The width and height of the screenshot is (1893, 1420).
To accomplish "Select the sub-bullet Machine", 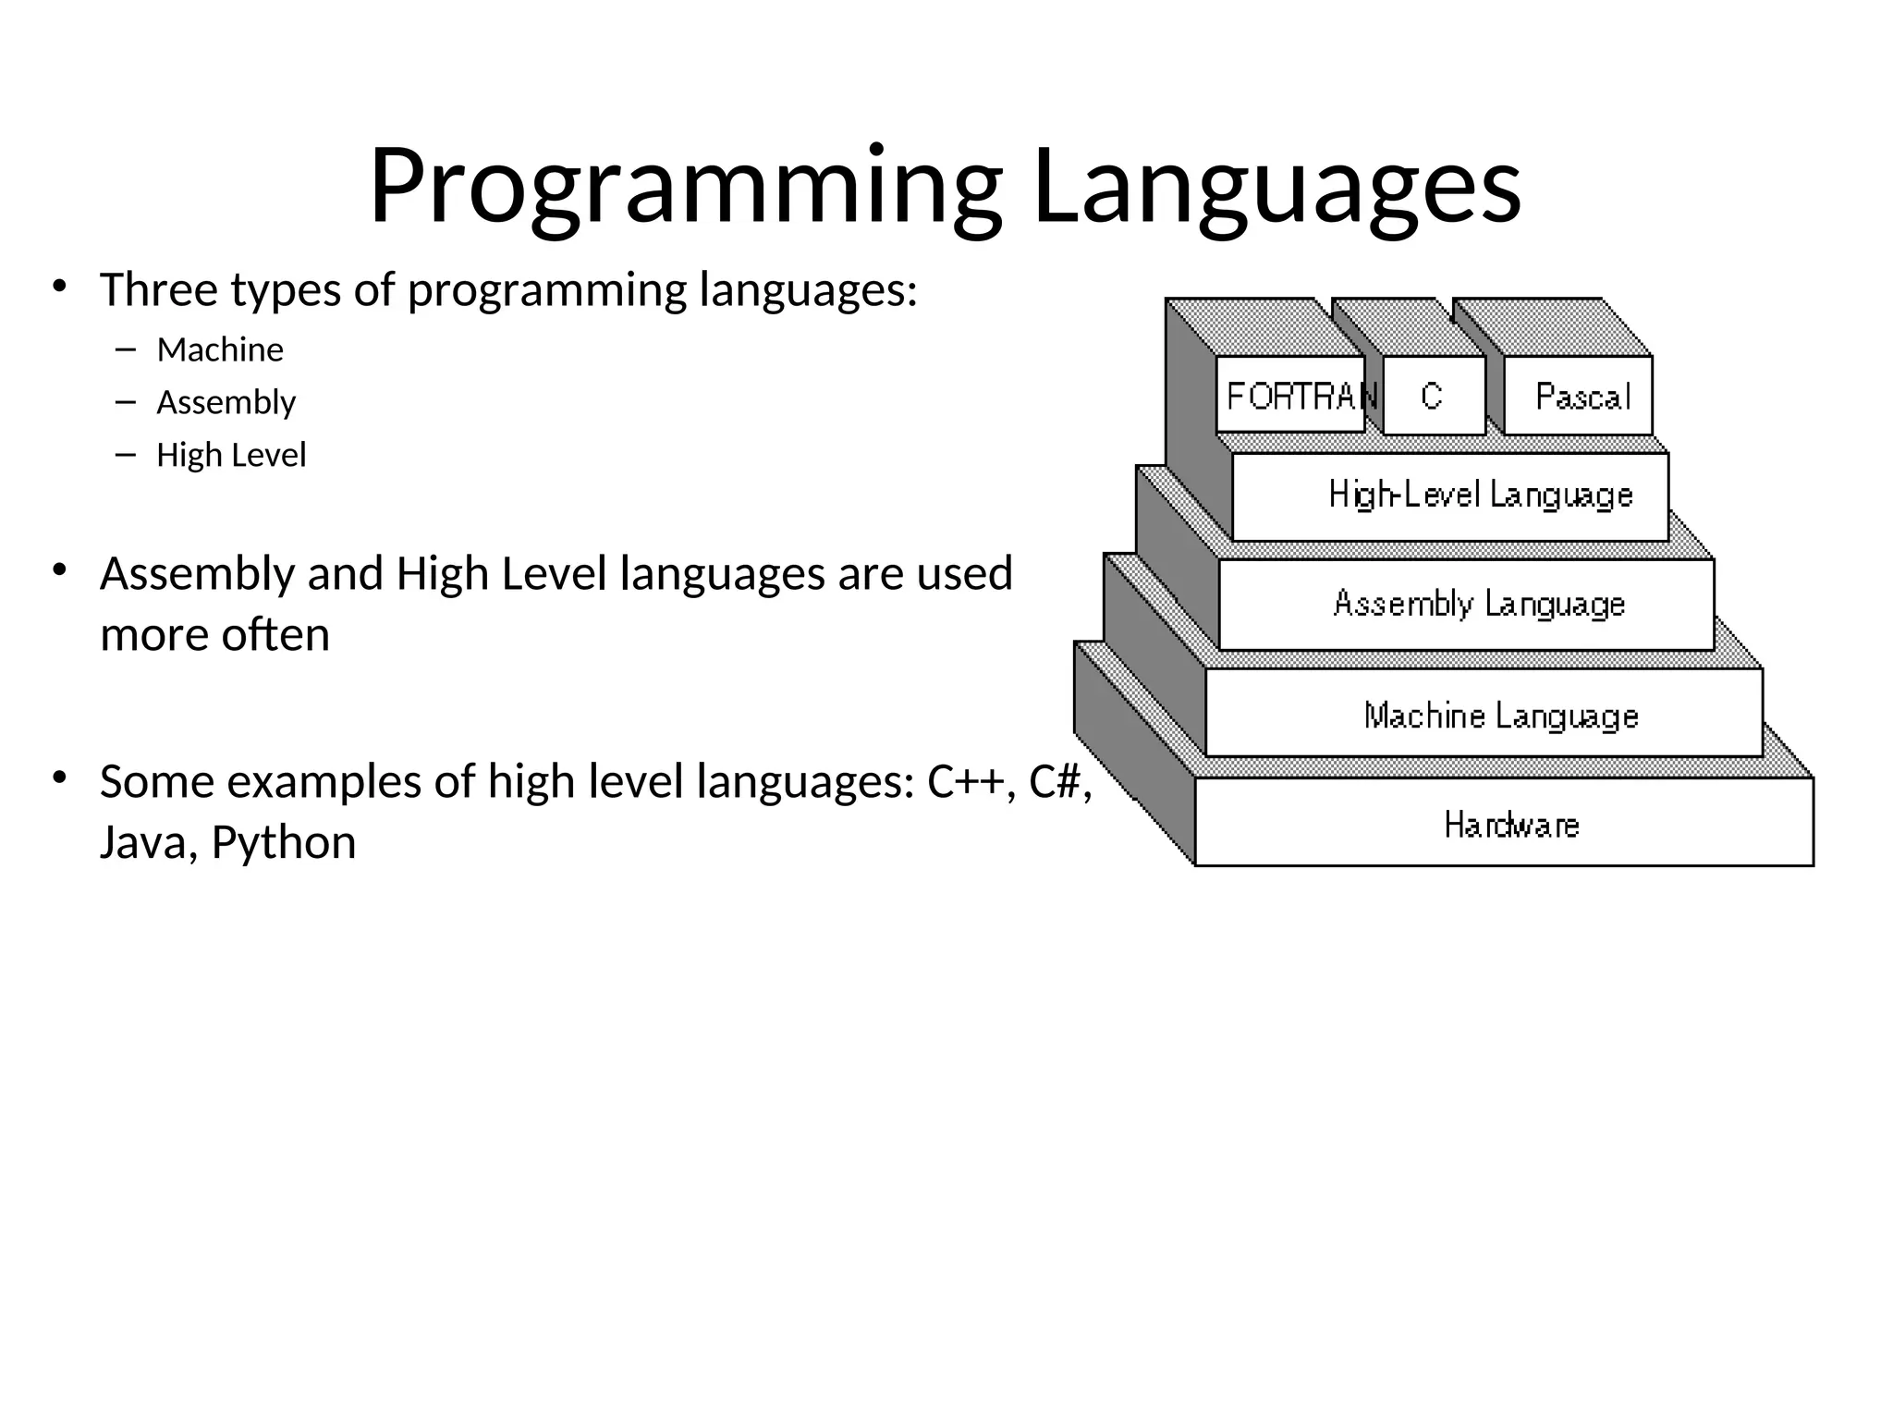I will coord(220,350).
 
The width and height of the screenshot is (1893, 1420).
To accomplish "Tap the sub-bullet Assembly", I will coord(226,403).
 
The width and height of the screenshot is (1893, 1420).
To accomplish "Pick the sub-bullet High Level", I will coord(231,456).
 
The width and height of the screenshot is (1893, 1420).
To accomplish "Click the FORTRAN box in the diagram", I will coord(1290,396).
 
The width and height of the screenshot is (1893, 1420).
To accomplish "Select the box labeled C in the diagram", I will coord(1432,396).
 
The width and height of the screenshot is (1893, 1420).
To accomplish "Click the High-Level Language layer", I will coord(1479,496).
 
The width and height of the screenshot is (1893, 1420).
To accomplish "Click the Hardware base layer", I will coord(1510,824).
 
